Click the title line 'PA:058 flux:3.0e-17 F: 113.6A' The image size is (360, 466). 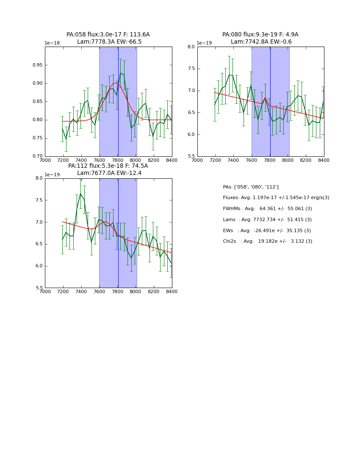(x=108, y=35)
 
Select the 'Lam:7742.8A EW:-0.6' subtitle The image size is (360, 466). (x=261, y=42)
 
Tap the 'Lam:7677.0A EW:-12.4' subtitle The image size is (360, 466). (x=109, y=173)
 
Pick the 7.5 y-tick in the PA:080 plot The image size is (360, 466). (x=191, y=69)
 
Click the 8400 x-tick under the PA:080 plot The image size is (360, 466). (x=324, y=160)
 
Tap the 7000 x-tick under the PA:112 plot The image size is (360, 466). (x=45, y=291)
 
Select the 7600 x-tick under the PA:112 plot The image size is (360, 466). (x=99, y=291)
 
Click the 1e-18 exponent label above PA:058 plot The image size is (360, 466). (x=52, y=43)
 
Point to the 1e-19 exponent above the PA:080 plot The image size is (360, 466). (x=204, y=43)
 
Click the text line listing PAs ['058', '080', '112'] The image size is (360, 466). (x=251, y=187)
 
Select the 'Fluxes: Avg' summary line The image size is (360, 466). (x=276, y=198)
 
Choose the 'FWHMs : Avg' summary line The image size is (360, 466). (x=267, y=209)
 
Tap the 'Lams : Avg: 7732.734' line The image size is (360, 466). (x=267, y=220)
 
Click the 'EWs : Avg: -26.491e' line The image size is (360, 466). (x=267, y=230)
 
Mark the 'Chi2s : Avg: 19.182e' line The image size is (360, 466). (x=267, y=241)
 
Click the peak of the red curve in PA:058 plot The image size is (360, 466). (x=116, y=83)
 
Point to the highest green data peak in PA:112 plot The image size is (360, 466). (x=80, y=194)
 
